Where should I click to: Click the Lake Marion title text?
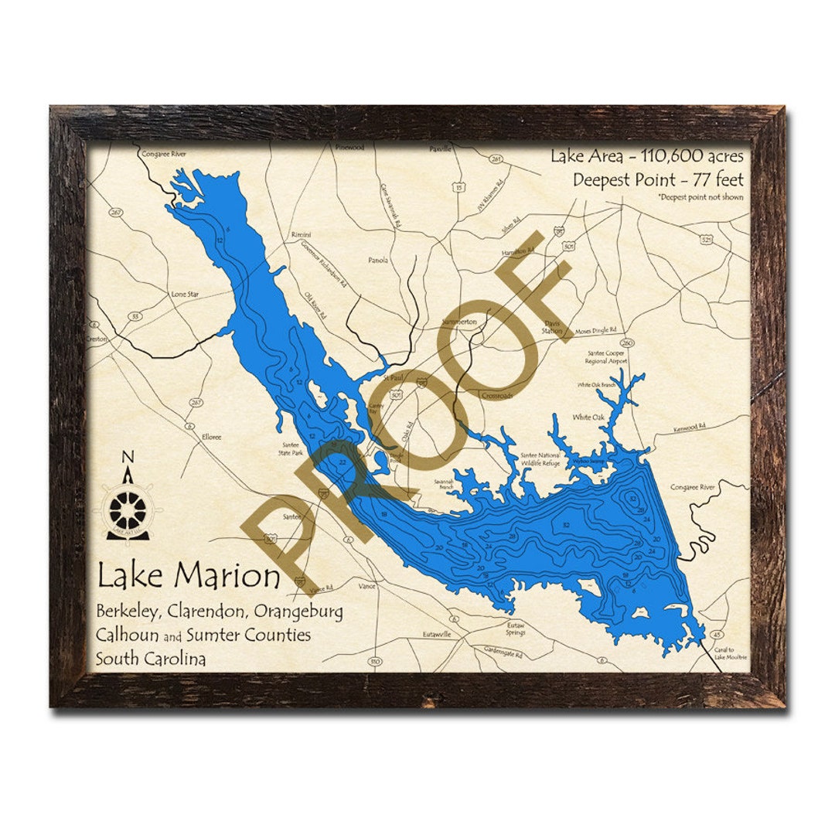(189, 576)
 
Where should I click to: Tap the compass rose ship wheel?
(127, 510)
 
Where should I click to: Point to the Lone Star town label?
(185, 295)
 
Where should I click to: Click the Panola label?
(378, 261)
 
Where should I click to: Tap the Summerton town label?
(459, 321)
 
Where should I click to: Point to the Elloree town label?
(211, 437)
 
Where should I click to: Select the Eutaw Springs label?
(516, 629)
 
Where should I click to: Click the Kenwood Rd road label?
(689, 427)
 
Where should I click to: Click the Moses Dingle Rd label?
(595, 330)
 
